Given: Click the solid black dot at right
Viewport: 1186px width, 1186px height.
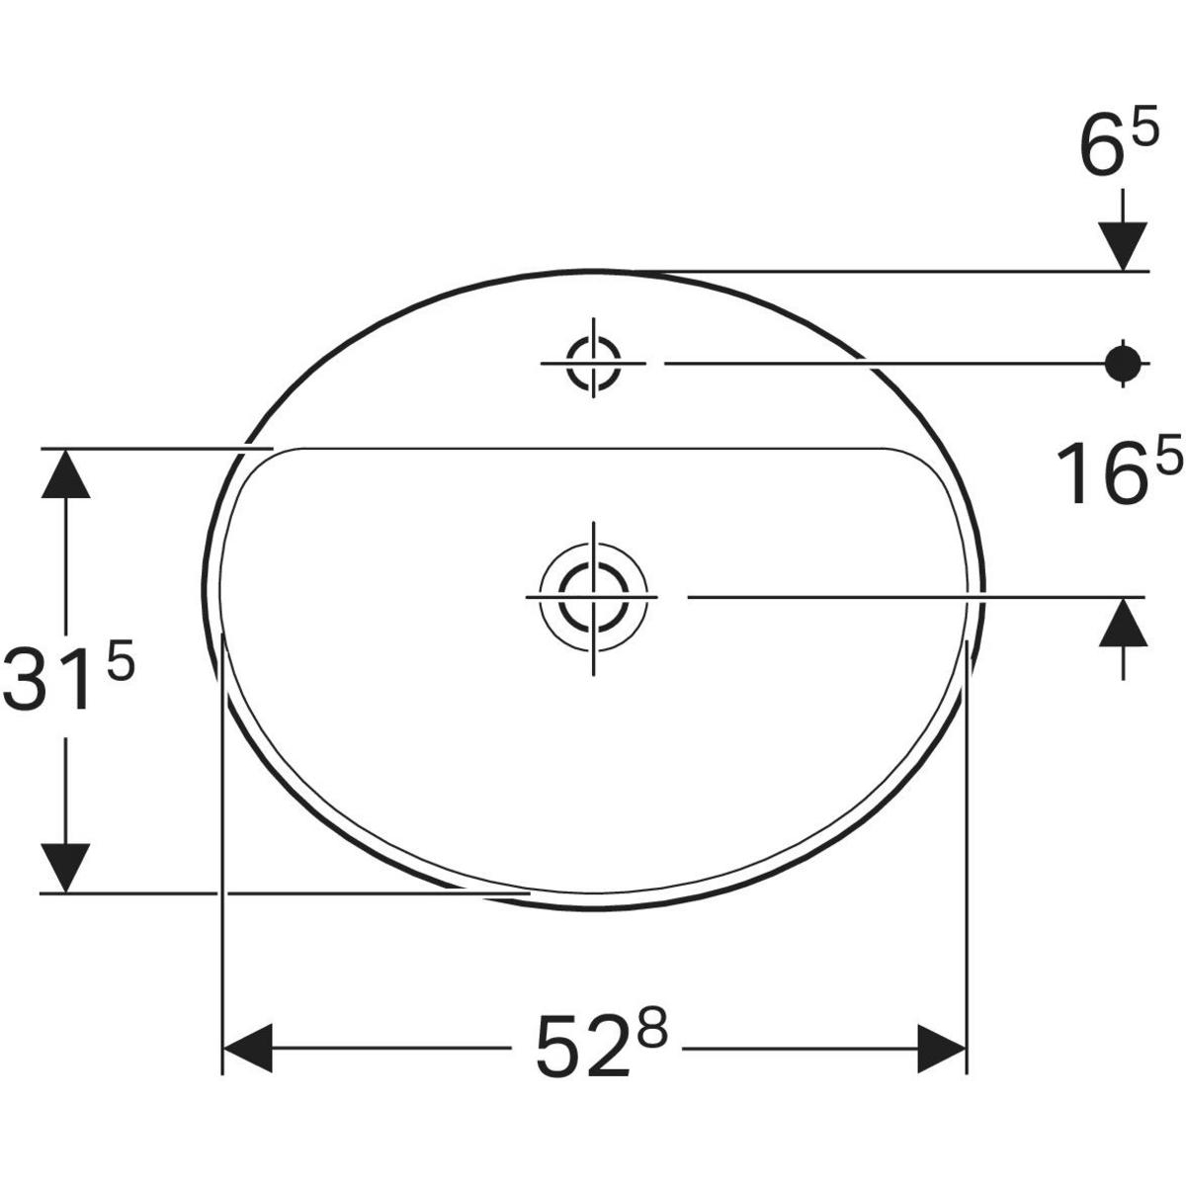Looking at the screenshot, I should (1122, 364).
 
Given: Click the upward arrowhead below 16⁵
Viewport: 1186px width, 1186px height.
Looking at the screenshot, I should (1122, 623).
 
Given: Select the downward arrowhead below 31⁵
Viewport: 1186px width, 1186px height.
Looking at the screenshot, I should (66, 867).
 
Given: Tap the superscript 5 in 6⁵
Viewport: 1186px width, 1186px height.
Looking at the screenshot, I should (1144, 131).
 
